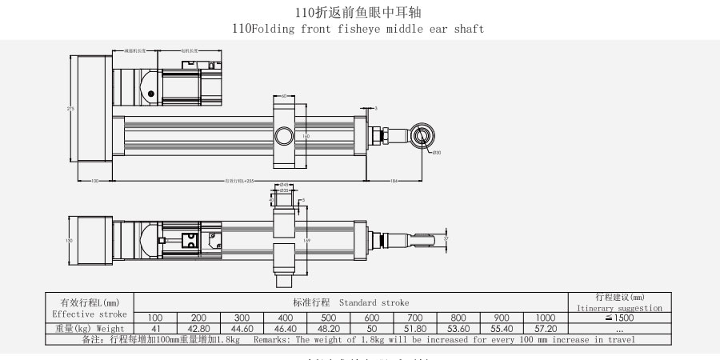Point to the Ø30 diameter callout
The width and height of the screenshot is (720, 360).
coord(437,151)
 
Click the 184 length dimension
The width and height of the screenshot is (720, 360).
coord(394,181)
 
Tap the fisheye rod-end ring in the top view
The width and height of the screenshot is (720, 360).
coord(422,135)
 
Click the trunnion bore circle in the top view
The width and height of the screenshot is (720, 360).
coord(284,136)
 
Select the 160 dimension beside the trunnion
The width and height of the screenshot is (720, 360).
coord(306,136)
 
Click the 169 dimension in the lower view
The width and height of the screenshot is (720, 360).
coord(306,239)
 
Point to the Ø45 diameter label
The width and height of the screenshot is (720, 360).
coord(285,185)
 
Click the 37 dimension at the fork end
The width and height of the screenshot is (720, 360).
coord(446,238)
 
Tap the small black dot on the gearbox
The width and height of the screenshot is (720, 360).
coord(150,94)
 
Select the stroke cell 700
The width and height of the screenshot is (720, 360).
coord(414,318)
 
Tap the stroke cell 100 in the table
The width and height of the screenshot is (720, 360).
coord(155,318)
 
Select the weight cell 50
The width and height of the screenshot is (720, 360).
coord(371,329)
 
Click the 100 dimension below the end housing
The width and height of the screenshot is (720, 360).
coord(94,181)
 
